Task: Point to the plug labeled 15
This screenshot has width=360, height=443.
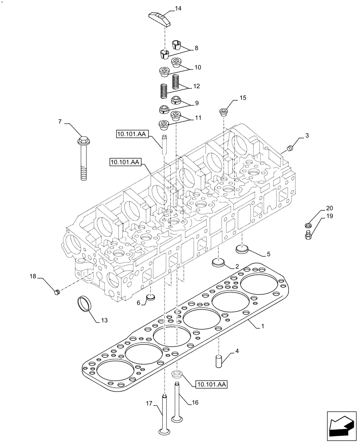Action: click(223, 111)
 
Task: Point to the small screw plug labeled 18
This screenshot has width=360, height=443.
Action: click(56, 291)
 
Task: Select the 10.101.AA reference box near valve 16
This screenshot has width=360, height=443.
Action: click(211, 385)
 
